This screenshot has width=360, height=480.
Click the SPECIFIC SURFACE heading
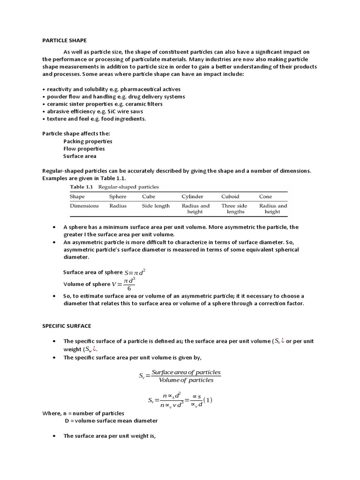click(67, 325)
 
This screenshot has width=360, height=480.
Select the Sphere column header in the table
click(118, 196)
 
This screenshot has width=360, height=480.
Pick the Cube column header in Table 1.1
click(149, 196)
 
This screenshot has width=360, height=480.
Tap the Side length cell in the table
click(155, 206)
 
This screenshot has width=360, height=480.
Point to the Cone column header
click(265, 196)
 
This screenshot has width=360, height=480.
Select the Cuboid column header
click(230, 196)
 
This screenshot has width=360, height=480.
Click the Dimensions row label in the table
click(84, 206)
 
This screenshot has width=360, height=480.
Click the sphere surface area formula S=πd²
click(138, 272)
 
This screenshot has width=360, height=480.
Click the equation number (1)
click(207, 400)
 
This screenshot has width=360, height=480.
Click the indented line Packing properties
click(88, 141)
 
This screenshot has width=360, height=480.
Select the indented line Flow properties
click(84, 149)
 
